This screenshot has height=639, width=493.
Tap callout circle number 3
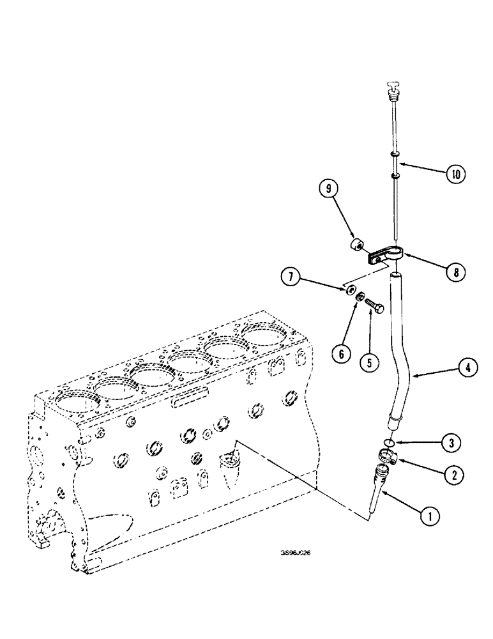(450, 442)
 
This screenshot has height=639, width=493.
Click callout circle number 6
(341, 353)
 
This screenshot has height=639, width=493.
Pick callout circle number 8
(454, 272)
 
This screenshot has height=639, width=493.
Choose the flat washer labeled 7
(351, 291)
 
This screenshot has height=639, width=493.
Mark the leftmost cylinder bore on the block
(76, 406)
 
